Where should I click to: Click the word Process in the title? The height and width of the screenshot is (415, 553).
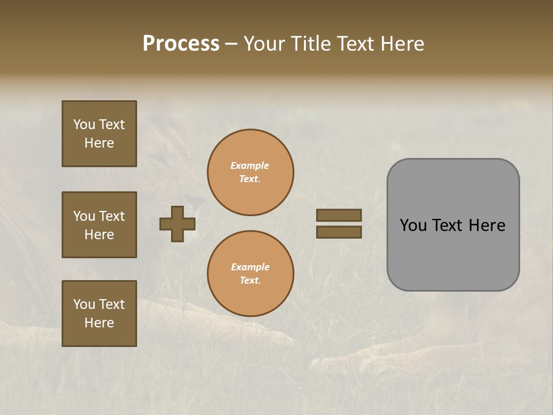pos(181,44)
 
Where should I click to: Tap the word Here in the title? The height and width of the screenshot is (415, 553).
pos(400,44)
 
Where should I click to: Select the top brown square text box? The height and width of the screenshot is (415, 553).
pos(99,134)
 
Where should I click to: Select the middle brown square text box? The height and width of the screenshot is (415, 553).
pos(99,225)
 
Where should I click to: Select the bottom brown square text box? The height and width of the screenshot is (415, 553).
pos(99,313)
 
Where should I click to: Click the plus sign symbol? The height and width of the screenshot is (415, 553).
pos(177,224)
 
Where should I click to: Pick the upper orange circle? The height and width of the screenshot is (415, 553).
pos(251,172)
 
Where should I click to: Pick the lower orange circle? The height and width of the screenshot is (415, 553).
pos(251,273)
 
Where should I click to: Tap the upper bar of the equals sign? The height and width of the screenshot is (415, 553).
pos(339,215)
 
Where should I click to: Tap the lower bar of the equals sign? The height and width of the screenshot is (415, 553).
pos(339,232)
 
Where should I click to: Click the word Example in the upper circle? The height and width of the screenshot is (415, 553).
pos(250,165)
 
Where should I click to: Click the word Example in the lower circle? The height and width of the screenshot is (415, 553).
pos(250,267)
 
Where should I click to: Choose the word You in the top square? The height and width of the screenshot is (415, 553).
pos(84,124)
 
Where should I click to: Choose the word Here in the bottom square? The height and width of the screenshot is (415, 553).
pos(99,323)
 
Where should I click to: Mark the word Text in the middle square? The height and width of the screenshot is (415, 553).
pos(112,216)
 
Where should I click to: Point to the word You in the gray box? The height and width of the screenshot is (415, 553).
pos(412,225)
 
